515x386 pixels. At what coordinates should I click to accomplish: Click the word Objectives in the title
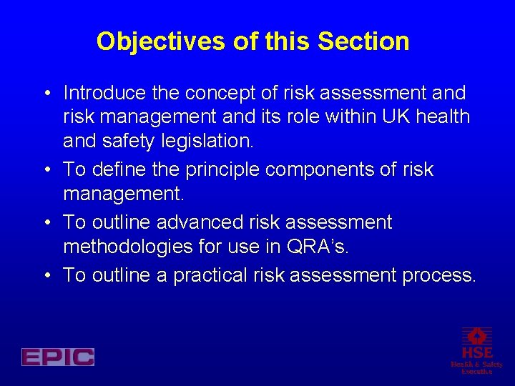coord(162,41)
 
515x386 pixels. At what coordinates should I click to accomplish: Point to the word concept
coord(221,93)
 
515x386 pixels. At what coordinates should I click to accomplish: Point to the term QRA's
coord(317,247)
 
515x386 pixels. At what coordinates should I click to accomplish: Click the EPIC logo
coord(58,356)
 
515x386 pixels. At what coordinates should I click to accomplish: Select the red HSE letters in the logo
coord(477,352)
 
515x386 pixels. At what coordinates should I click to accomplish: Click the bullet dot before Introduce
coord(45,94)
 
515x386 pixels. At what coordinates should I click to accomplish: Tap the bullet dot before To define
coord(45,170)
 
